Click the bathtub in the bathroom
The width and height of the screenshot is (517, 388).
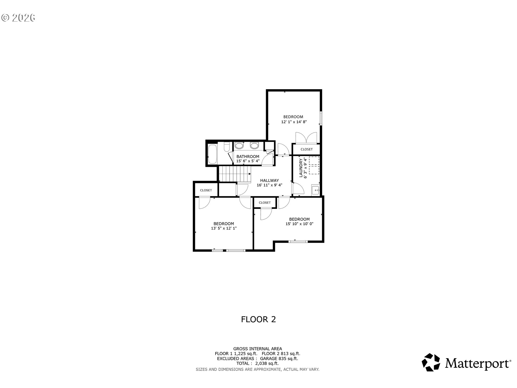(212, 154)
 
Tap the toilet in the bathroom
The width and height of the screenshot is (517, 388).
(227, 147)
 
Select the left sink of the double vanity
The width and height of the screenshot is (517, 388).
(239, 146)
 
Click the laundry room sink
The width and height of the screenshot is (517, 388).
(315, 190)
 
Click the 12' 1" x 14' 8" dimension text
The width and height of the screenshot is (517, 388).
(294, 122)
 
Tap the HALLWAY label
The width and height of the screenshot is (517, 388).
(269, 181)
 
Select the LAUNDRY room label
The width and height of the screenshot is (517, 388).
(301, 168)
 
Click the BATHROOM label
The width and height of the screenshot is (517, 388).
(248, 157)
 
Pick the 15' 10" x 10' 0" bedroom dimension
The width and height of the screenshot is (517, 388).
(299, 224)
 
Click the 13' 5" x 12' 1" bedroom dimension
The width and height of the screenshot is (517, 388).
(224, 228)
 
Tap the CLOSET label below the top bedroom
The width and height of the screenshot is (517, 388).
(306, 149)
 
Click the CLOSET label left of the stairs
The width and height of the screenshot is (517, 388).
(206, 190)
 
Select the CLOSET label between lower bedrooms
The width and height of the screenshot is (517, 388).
(265, 203)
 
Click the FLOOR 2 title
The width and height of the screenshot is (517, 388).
(258, 319)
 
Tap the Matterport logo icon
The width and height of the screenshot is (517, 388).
(431, 362)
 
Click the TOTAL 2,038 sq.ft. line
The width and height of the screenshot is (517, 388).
(257, 363)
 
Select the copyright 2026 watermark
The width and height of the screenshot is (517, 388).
(18, 18)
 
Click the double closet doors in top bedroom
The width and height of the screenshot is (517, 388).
(306, 137)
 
